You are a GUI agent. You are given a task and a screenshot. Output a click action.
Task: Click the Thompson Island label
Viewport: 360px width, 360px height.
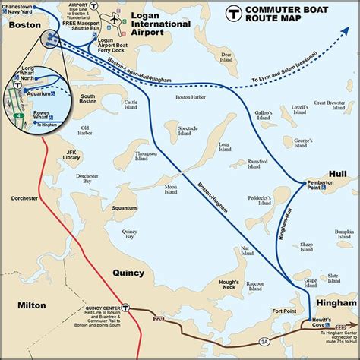pos(146,156)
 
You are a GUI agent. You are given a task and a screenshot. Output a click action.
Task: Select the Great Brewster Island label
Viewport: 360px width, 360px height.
pos(330,106)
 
